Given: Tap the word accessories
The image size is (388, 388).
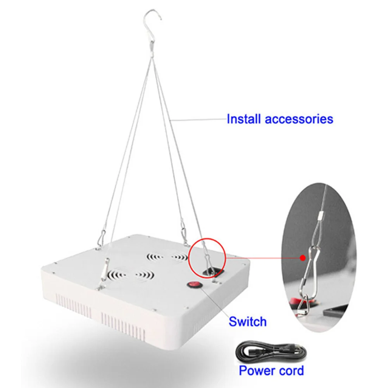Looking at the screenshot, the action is click(x=299, y=119).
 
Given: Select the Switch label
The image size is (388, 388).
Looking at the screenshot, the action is click(x=247, y=321).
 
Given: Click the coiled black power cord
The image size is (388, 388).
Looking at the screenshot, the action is click(x=271, y=352).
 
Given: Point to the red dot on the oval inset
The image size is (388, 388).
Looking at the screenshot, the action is click(x=302, y=258).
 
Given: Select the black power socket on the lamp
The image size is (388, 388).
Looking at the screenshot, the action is click(x=213, y=273).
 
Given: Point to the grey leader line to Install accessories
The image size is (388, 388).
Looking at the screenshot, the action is click(x=198, y=119).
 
